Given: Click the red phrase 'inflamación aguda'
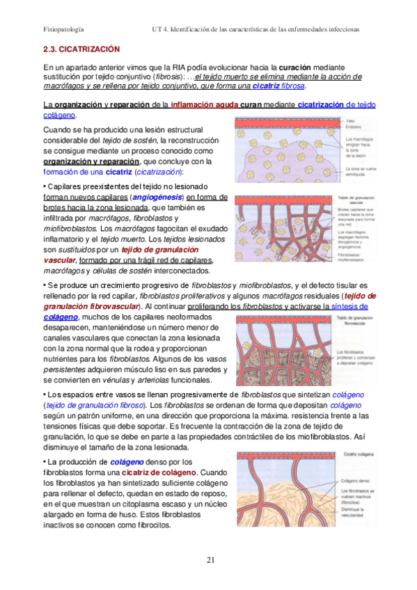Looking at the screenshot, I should [x=204, y=104].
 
